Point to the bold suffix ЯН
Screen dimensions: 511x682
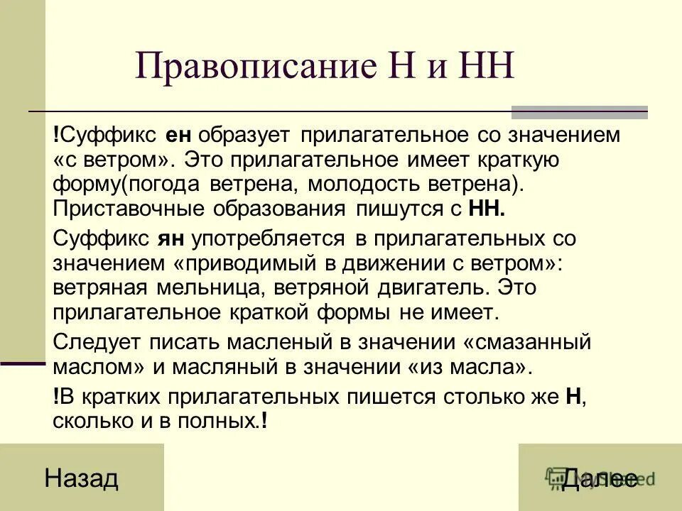coord(168,239)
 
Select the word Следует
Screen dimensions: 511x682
coord(97,342)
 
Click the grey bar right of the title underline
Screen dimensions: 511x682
coord(579,112)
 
